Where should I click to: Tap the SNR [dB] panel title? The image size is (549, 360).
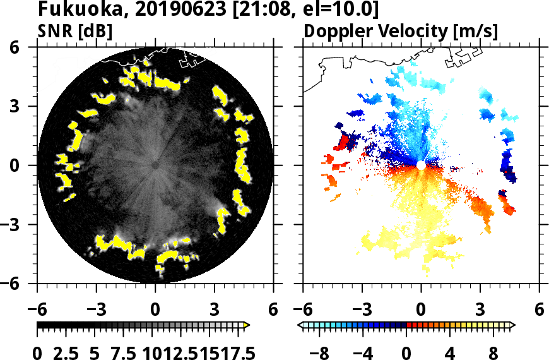point(75,31)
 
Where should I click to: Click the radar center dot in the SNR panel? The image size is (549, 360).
point(155,165)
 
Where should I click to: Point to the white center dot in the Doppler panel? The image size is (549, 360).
point(421,165)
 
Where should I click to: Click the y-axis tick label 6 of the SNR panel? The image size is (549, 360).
point(28,47)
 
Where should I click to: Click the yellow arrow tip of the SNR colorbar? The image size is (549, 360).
point(247,325)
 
